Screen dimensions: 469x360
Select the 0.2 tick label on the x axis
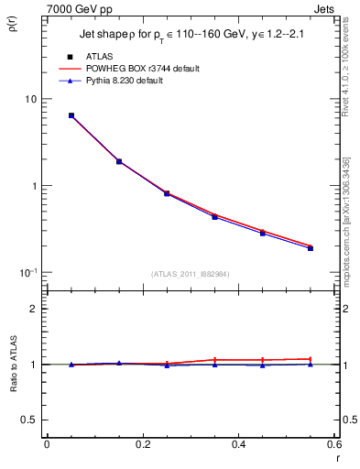(x=142, y=444)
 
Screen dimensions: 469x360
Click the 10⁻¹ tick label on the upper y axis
(x=27, y=272)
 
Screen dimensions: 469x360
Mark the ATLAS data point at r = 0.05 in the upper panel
(x=71, y=115)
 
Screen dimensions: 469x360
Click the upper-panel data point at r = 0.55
(x=311, y=247)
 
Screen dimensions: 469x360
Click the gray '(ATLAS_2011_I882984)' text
(x=191, y=274)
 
